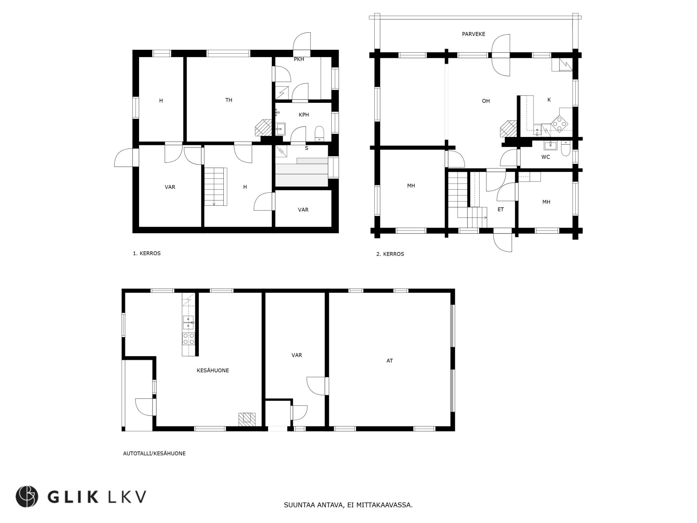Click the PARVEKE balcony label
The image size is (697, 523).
pyautogui.click(x=473, y=34)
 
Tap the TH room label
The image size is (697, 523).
pyautogui.click(x=229, y=100)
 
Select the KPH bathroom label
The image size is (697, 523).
pyautogui.click(x=303, y=115)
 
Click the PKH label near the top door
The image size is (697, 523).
pyautogui.click(x=299, y=59)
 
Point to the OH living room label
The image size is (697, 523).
pyautogui.click(x=486, y=101)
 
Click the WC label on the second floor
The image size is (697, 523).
pyautogui.click(x=545, y=157)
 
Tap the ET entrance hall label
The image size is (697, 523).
pyautogui.click(x=500, y=210)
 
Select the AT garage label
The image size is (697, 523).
pyautogui.click(x=390, y=361)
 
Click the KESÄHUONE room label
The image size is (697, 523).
pyautogui.click(x=213, y=370)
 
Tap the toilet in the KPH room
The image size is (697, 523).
pyautogui.click(x=319, y=133)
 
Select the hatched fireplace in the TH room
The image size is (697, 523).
pyautogui.click(x=263, y=127)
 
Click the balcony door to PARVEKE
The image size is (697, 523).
pyautogui.click(x=501, y=55)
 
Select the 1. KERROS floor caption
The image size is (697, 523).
pyautogui.click(x=147, y=254)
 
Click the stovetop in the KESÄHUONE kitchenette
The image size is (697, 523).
pyautogui.click(x=188, y=339)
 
